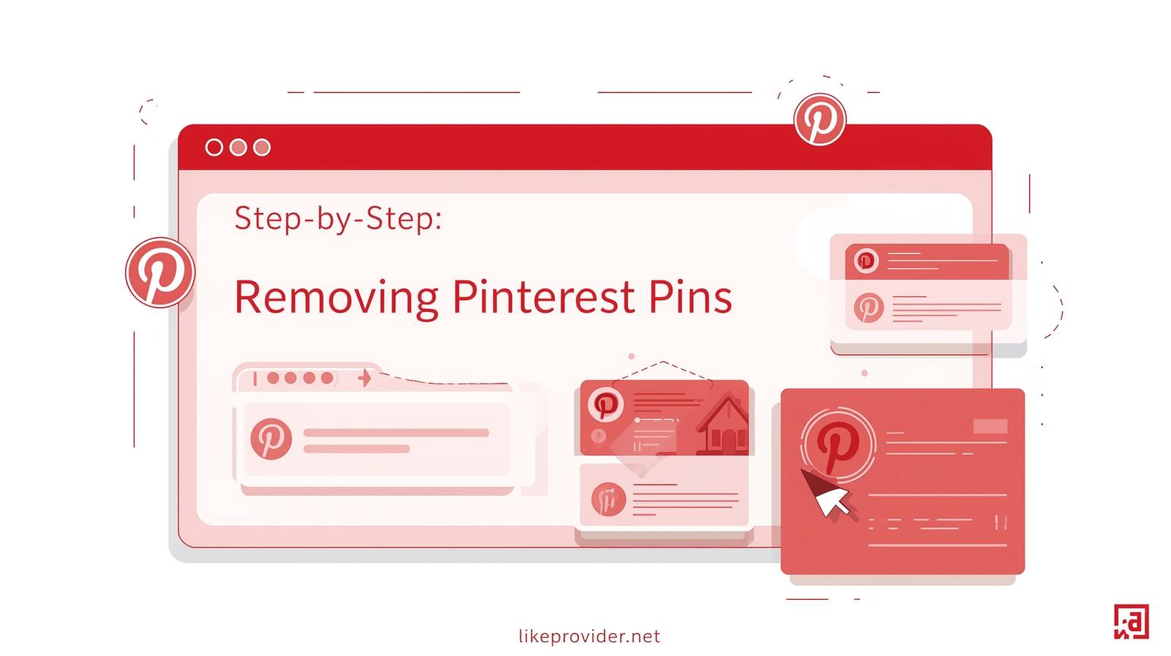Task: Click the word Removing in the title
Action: (x=336, y=298)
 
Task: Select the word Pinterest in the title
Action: (x=544, y=297)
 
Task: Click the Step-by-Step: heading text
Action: (x=338, y=219)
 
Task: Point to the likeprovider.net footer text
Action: (x=589, y=636)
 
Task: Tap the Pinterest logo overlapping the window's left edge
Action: (x=160, y=272)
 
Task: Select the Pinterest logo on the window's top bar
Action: (x=820, y=119)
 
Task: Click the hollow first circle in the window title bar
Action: (x=214, y=147)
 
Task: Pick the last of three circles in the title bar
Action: (x=262, y=147)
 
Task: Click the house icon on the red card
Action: (x=725, y=426)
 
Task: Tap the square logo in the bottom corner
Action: (x=1131, y=622)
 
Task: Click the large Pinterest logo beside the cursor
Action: (x=838, y=445)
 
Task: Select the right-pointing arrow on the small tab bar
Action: (x=365, y=378)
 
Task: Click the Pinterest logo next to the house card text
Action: (x=605, y=404)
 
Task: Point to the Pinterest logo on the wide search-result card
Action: (x=271, y=439)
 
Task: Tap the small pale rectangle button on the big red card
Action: (x=990, y=426)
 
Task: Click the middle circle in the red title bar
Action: (x=238, y=147)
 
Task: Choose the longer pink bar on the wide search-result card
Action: (x=396, y=433)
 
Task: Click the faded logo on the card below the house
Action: (x=608, y=499)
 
